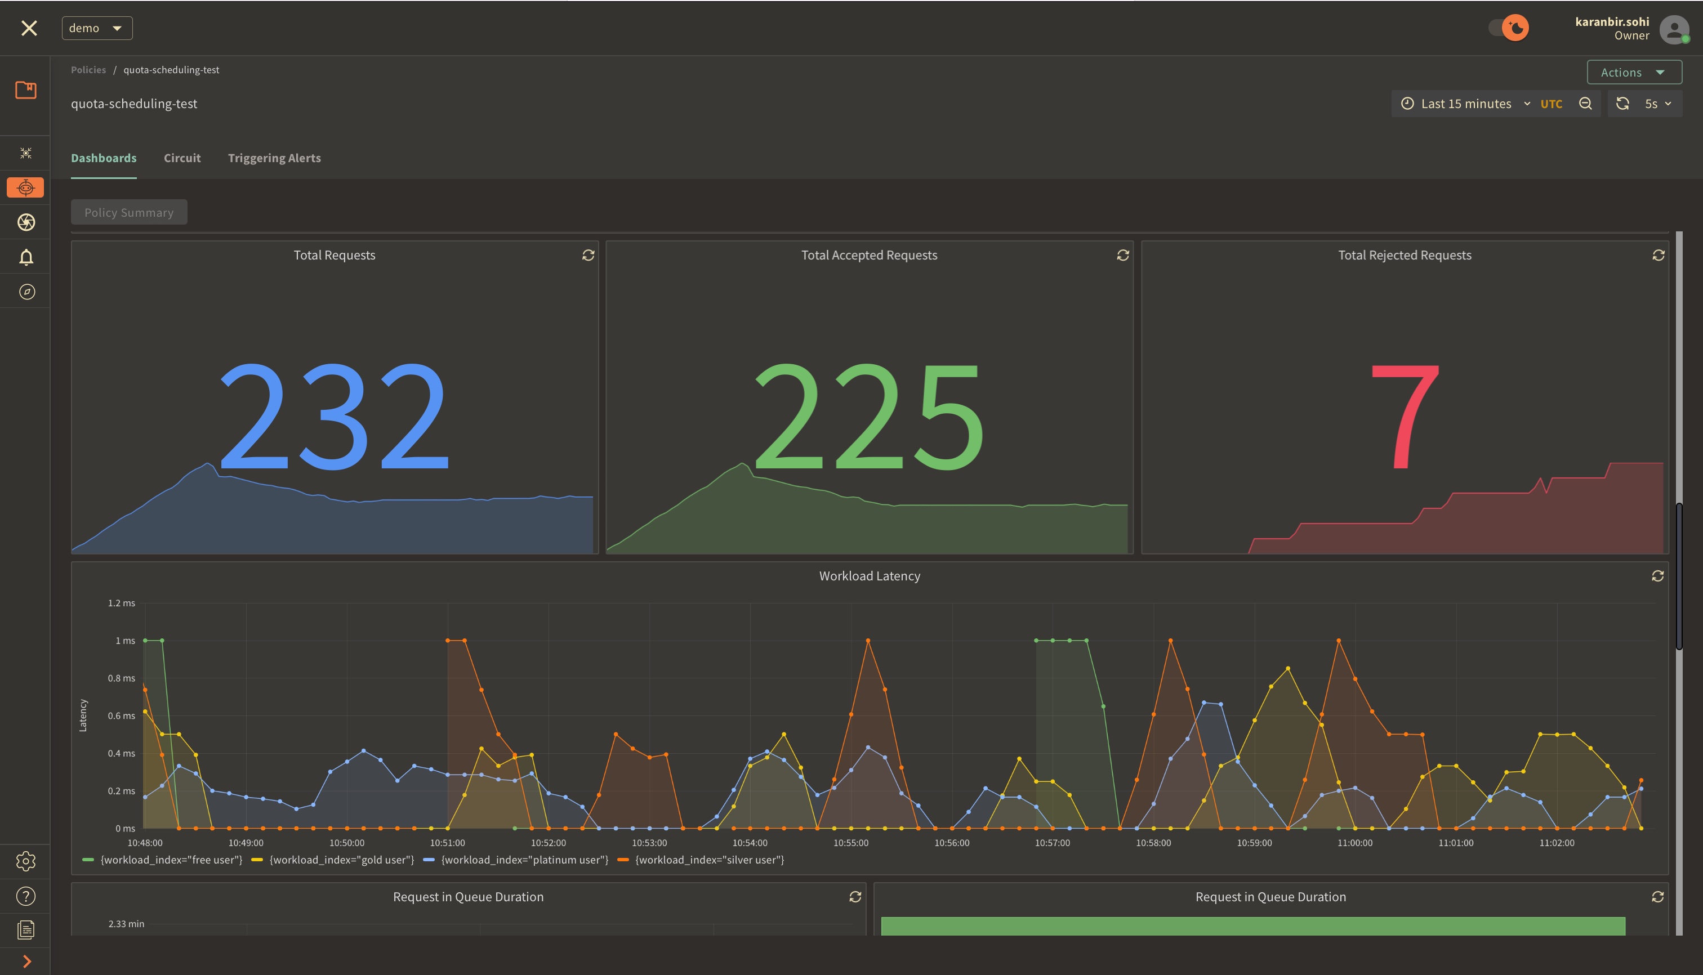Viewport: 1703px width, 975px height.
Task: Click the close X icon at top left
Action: click(29, 28)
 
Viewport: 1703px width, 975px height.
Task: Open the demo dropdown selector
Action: click(97, 28)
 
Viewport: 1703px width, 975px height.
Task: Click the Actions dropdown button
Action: click(1633, 72)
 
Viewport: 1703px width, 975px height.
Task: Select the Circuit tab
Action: click(182, 158)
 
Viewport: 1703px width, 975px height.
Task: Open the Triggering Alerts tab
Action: click(274, 158)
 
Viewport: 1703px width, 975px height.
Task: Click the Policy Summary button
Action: click(128, 212)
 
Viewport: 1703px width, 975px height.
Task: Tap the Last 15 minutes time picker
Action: click(1466, 104)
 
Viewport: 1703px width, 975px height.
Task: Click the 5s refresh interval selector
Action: click(1657, 104)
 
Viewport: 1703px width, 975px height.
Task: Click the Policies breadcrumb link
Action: click(88, 70)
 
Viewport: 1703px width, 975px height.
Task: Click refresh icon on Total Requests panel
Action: click(588, 255)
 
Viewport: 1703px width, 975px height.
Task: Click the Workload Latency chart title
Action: click(869, 576)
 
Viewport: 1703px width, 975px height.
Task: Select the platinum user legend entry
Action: click(524, 860)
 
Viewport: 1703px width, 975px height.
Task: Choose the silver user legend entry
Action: click(709, 860)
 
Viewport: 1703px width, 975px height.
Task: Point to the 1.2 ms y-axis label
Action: click(121, 603)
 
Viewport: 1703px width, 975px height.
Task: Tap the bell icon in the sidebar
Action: click(26, 257)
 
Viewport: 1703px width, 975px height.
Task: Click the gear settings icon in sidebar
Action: click(26, 861)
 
